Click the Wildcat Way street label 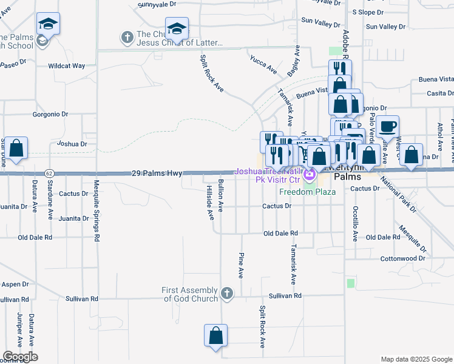click(x=67, y=66)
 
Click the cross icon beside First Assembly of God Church click(x=227, y=294)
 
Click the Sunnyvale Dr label click(x=157, y=4)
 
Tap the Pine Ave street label click(x=241, y=265)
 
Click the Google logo click(x=20, y=357)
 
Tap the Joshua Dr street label click(x=72, y=144)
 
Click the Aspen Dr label click(x=15, y=284)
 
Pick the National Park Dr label click(x=399, y=195)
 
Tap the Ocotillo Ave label click(x=356, y=223)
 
